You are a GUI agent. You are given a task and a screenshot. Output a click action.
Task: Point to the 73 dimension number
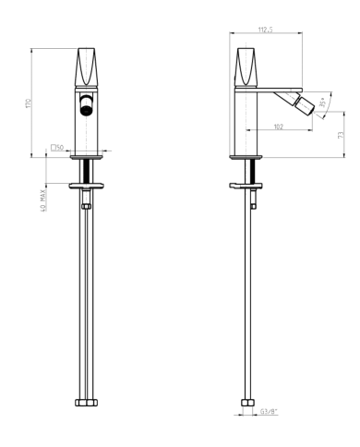pyautogui.click(x=341, y=135)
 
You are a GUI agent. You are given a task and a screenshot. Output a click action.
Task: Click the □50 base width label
pyautogui.click(x=56, y=147)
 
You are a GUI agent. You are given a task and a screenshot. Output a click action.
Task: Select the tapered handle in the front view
pyautogui.click(x=86, y=64)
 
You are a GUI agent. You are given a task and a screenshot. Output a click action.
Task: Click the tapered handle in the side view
pyautogui.click(x=247, y=64)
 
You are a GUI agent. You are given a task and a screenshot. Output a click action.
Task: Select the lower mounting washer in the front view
pyautogui.click(x=86, y=186)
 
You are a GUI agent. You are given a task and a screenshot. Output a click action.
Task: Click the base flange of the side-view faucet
pyautogui.click(x=246, y=158)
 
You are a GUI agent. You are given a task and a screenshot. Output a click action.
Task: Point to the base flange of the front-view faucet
pyautogui.click(x=86, y=158)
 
